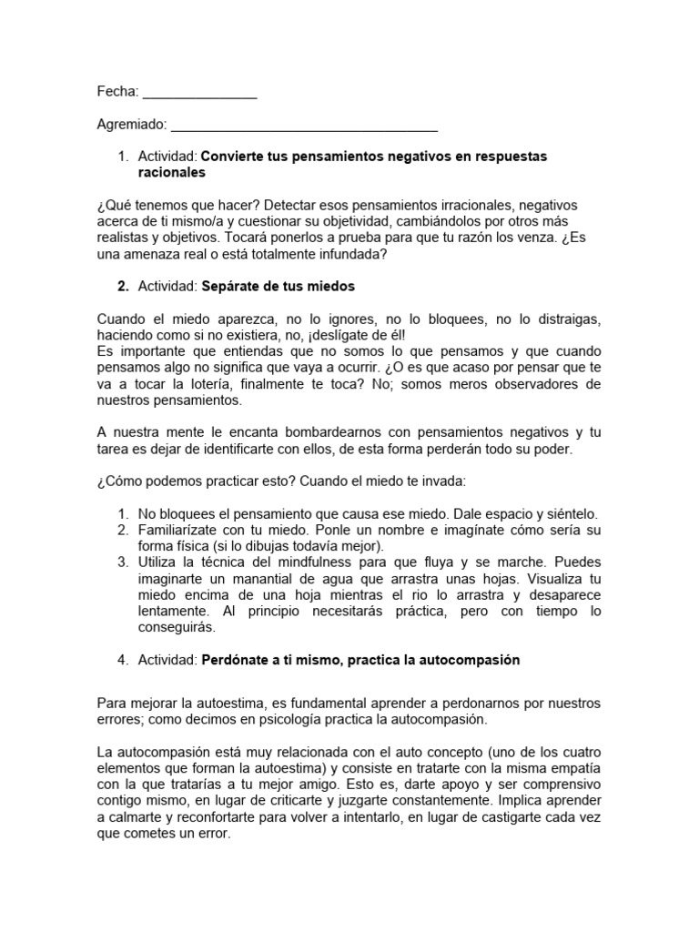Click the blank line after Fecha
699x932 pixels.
point(199,95)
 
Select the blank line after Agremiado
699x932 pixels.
point(304,128)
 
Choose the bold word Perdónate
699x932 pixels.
point(238,660)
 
